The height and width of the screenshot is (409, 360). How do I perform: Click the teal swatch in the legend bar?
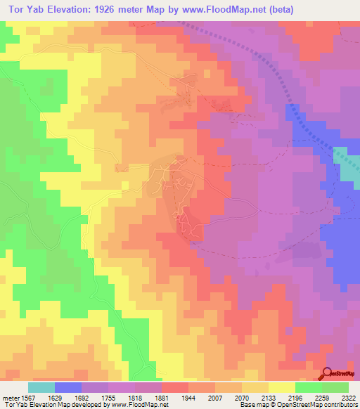pyautogui.click(x=41, y=387)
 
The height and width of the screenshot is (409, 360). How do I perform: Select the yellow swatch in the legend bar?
pyautogui.click(x=282, y=387)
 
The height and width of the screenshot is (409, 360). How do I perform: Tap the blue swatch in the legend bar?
pyautogui.click(x=68, y=387)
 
